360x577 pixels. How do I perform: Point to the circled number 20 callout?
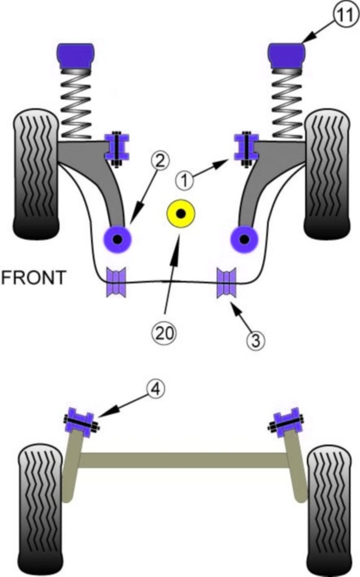164,333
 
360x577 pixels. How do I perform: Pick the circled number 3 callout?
256,340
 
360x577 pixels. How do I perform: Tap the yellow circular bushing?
181,213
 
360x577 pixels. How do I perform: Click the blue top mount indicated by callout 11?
286,55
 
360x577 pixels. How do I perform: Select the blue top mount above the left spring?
76,55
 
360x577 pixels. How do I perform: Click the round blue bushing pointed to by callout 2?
117,239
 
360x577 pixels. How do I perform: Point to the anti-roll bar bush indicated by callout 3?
226,283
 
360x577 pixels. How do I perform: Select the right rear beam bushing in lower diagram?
286,422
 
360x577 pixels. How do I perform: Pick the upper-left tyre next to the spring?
36,176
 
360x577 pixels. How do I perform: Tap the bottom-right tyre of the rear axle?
329,511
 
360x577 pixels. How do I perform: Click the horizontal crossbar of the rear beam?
184,460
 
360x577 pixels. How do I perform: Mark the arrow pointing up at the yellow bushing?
172,274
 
